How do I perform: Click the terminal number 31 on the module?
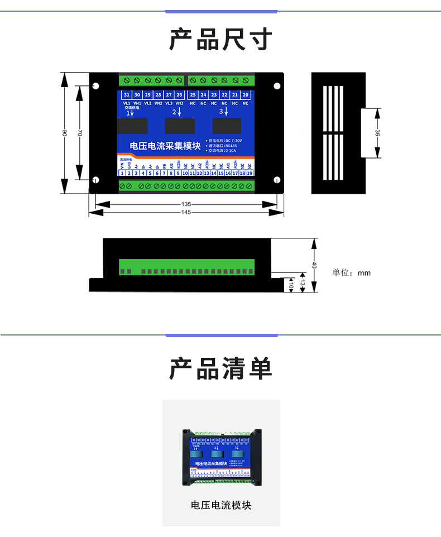[x=127, y=95]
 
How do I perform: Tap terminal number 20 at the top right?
[x=246, y=95]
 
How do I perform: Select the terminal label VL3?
[x=169, y=103]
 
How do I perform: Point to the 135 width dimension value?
[x=186, y=204]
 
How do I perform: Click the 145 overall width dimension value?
[x=186, y=213]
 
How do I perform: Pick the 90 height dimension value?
[x=64, y=132]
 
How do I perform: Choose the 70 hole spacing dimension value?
[x=80, y=133]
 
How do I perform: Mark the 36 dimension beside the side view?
[x=377, y=133]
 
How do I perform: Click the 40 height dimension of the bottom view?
[x=314, y=265]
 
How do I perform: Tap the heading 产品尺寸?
[x=220, y=40]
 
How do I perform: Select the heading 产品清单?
[x=220, y=369]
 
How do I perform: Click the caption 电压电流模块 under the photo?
[x=221, y=505]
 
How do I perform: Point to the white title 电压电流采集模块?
[x=165, y=146]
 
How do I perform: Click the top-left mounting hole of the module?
[x=95, y=86]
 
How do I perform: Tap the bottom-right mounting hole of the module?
[x=277, y=180]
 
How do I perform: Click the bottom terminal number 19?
[x=250, y=174]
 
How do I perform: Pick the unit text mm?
[x=364, y=273]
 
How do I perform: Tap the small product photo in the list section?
[x=221, y=456]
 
